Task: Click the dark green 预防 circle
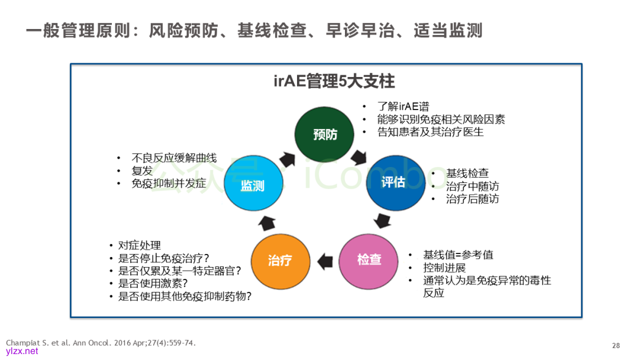point(325,134)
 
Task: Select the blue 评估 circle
point(393,182)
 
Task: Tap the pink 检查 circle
point(369,259)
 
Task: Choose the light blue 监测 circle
point(253,185)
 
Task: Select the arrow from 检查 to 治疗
point(325,260)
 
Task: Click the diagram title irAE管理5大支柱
point(334,81)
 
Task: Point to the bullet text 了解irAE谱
point(403,107)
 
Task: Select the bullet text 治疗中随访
point(472,186)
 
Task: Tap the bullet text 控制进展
point(444,268)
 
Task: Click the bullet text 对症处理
point(140,245)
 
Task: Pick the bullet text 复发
point(142,171)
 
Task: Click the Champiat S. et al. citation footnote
point(101,343)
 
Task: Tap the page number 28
point(616,345)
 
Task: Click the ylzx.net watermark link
point(22,351)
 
